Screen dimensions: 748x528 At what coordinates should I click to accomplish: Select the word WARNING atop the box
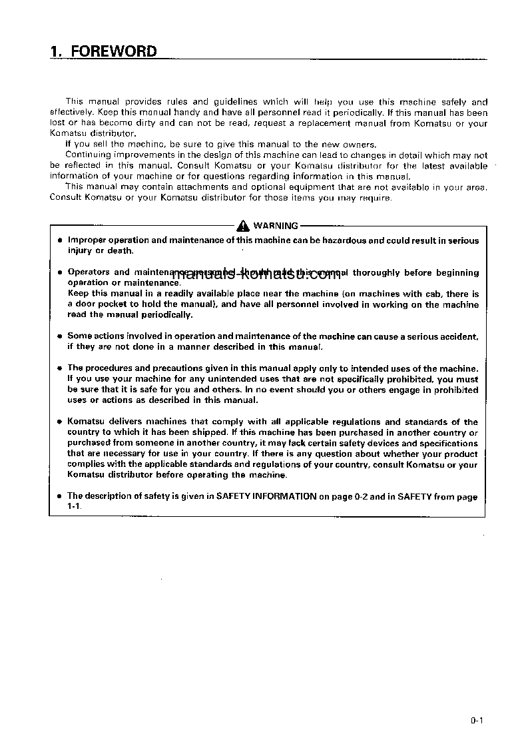(276, 226)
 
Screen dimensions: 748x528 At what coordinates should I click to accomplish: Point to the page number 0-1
(476, 719)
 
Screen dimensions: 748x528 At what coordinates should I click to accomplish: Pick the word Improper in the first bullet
(87, 240)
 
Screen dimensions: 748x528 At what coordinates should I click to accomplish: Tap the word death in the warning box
(122, 251)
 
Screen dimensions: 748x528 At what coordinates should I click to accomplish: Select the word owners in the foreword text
(361, 145)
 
